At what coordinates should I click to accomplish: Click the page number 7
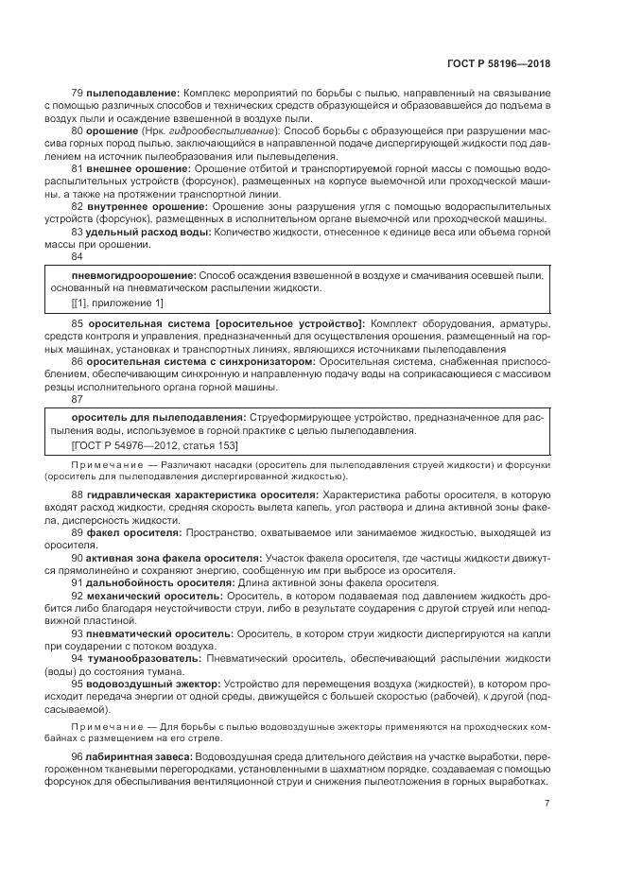(x=547, y=805)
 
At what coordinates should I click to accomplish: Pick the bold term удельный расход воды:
(x=148, y=231)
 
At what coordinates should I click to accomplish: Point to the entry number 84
(x=78, y=256)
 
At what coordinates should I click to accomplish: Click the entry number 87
(x=78, y=399)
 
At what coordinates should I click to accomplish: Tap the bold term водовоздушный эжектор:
(x=153, y=682)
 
